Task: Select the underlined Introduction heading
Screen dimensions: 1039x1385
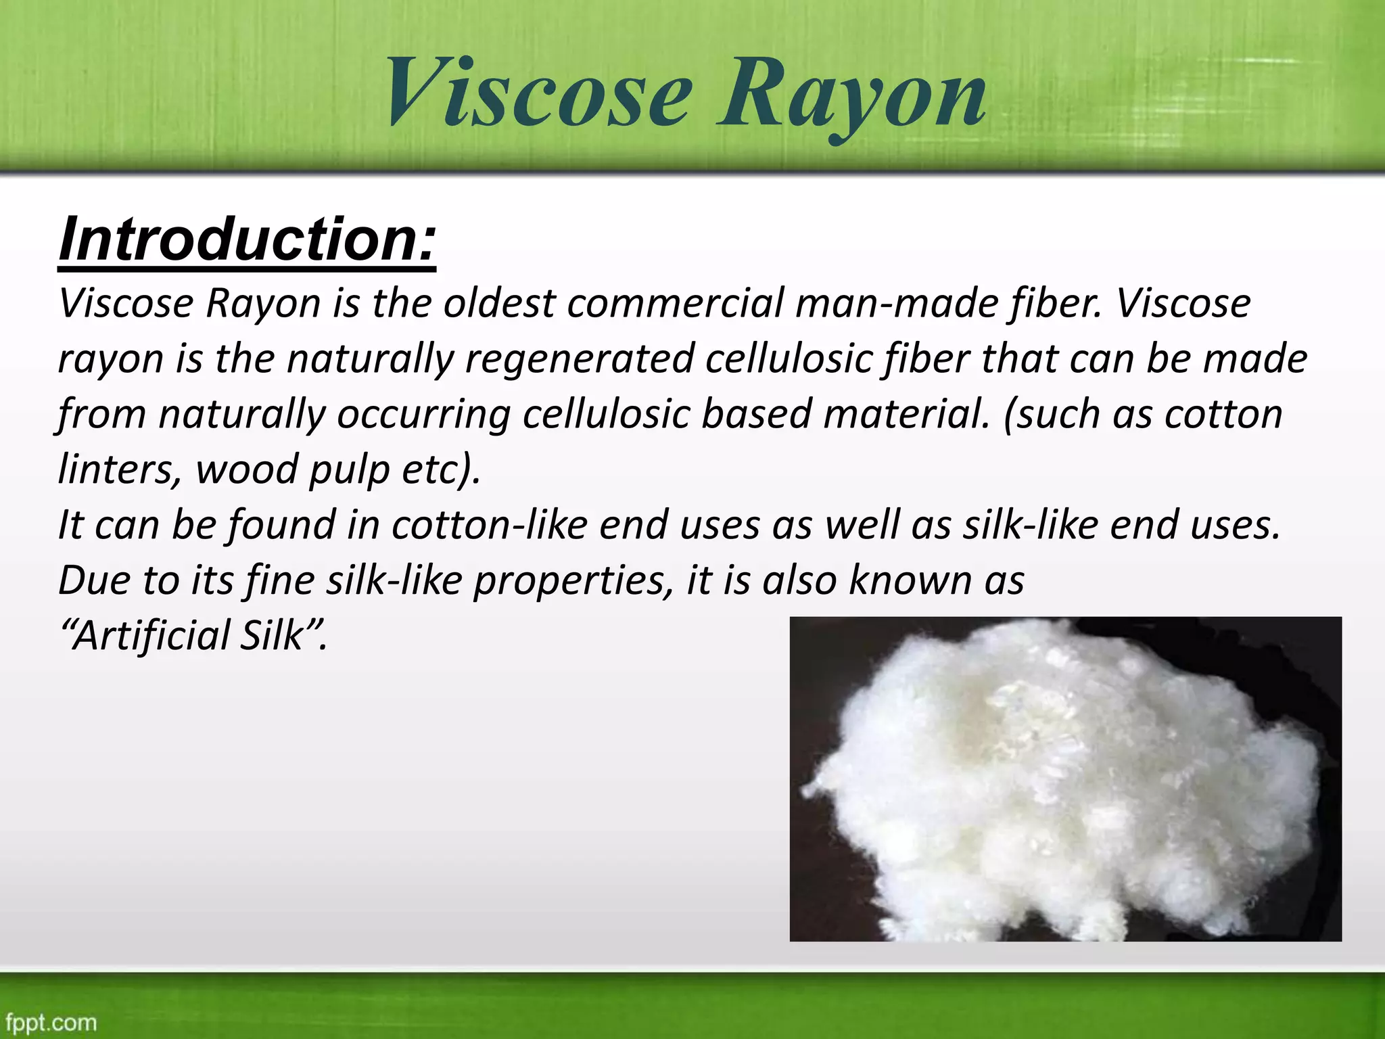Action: pos(248,239)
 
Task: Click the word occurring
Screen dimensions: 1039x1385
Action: pos(423,414)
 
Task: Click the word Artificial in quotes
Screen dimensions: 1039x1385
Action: pos(146,636)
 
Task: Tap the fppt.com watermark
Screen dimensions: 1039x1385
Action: pos(51,1022)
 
